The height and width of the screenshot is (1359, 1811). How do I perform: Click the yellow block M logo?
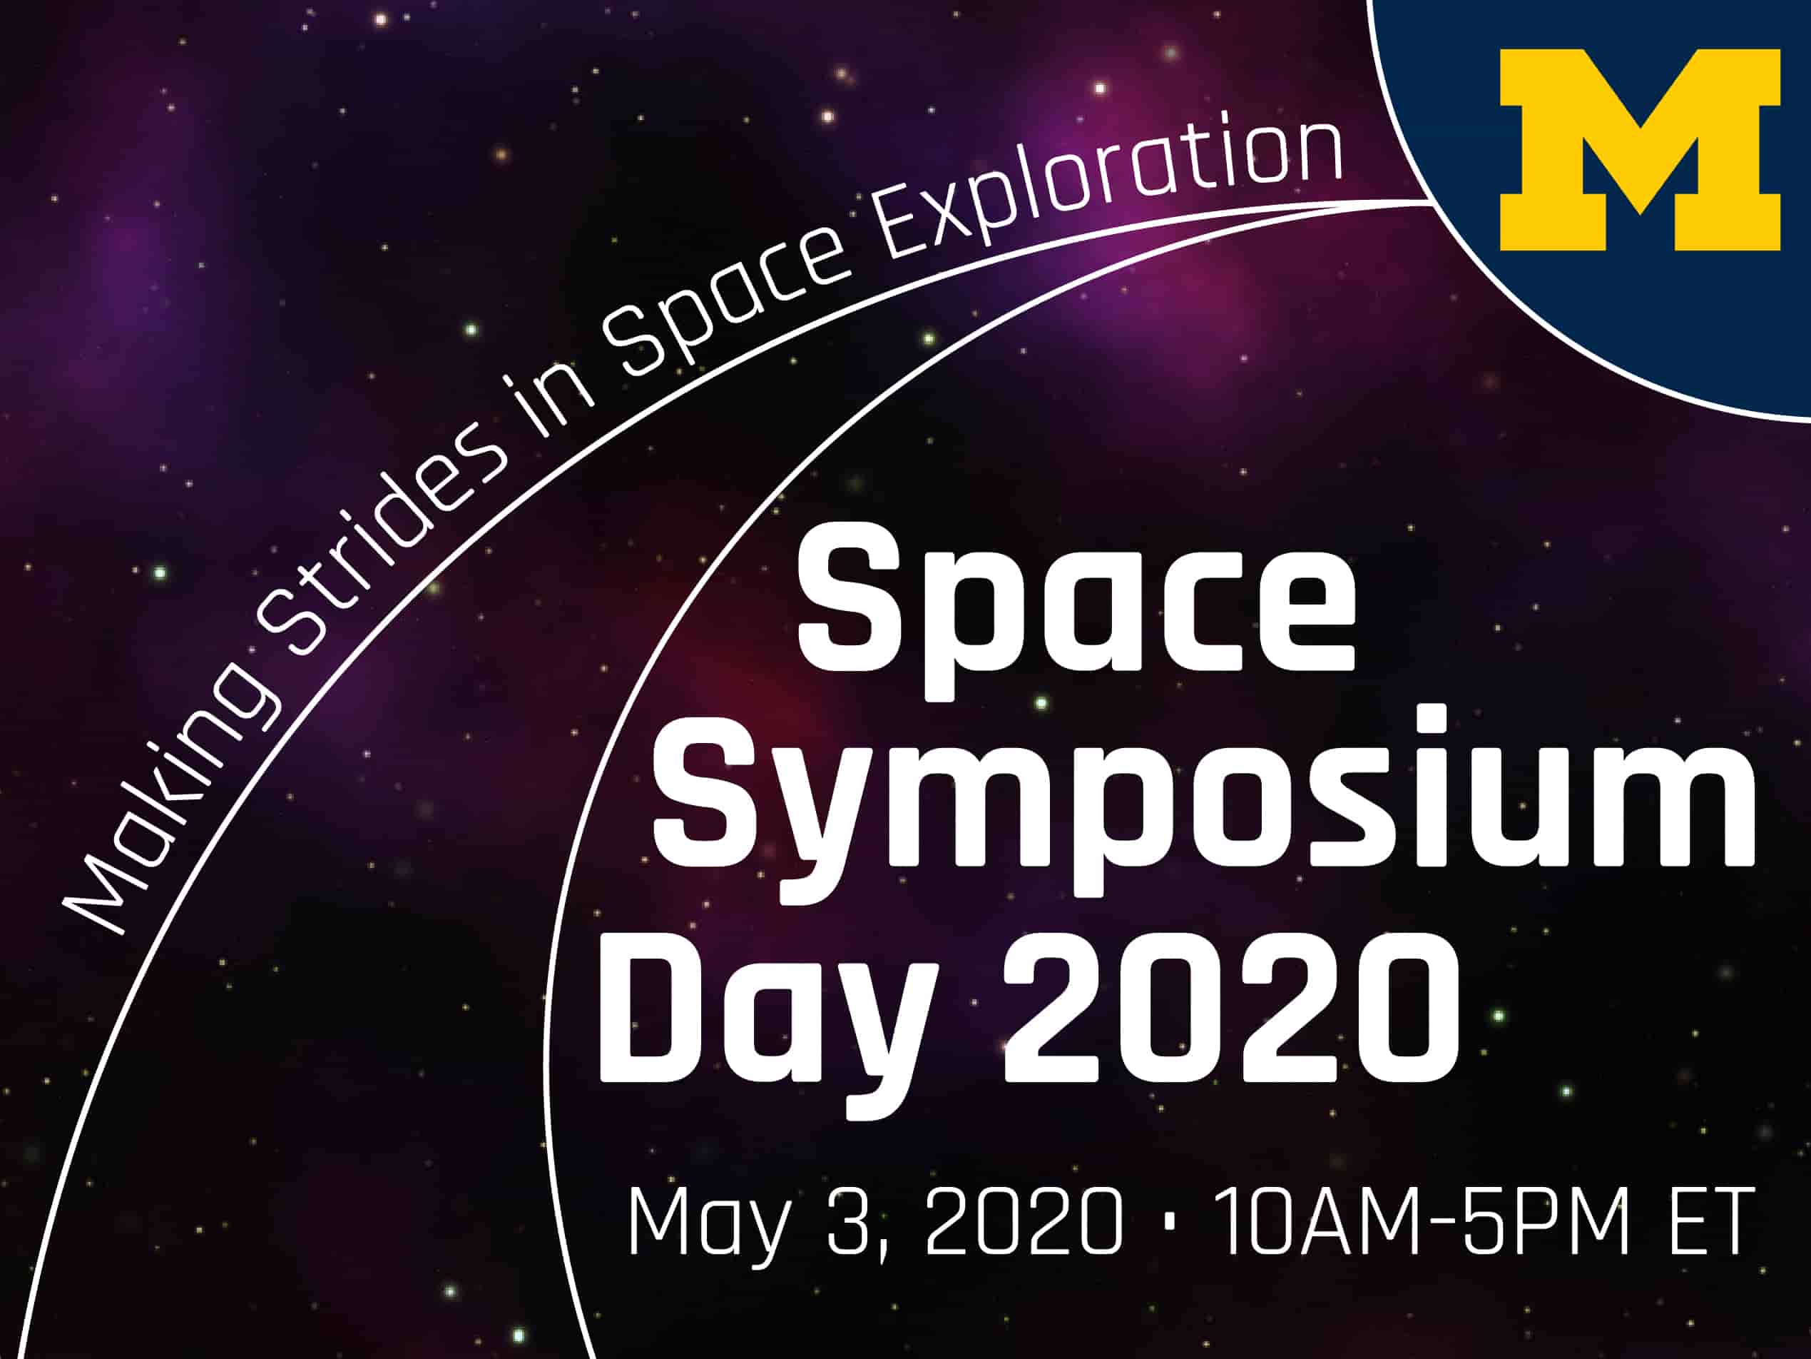[1640, 150]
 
